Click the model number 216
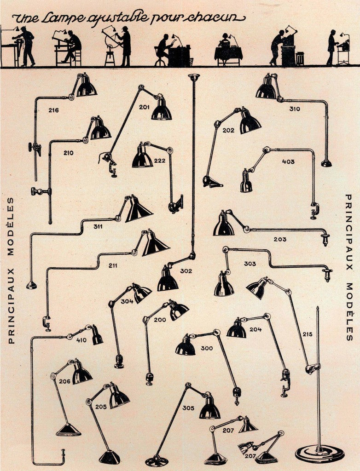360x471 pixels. click(x=53, y=110)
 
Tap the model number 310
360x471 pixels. click(x=295, y=109)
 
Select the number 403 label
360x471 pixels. click(x=288, y=161)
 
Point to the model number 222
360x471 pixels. click(x=160, y=161)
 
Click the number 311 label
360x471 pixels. click(x=98, y=226)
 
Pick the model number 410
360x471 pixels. click(x=81, y=340)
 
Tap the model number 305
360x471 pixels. click(x=188, y=408)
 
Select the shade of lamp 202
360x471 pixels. click(x=250, y=121)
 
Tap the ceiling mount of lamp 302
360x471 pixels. click(x=193, y=77)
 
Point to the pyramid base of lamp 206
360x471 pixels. click(x=69, y=430)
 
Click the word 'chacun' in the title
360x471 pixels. click(x=214, y=18)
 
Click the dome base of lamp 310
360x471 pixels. click(x=326, y=163)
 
